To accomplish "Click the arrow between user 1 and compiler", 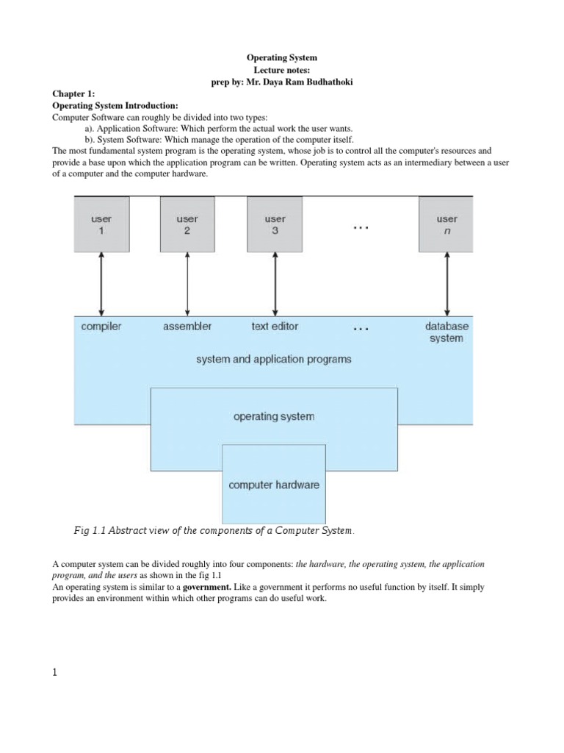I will (x=101, y=282).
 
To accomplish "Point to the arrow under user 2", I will (x=187, y=282).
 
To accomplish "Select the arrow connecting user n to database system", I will (x=446, y=282).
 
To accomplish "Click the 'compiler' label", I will (x=101, y=326).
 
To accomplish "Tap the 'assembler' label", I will (x=187, y=326).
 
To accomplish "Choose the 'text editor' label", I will (x=275, y=326).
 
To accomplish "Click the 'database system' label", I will (x=446, y=332).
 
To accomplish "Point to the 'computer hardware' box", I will (x=274, y=485).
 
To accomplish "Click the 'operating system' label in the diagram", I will (x=274, y=416).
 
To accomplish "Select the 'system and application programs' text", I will (x=274, y=360).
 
